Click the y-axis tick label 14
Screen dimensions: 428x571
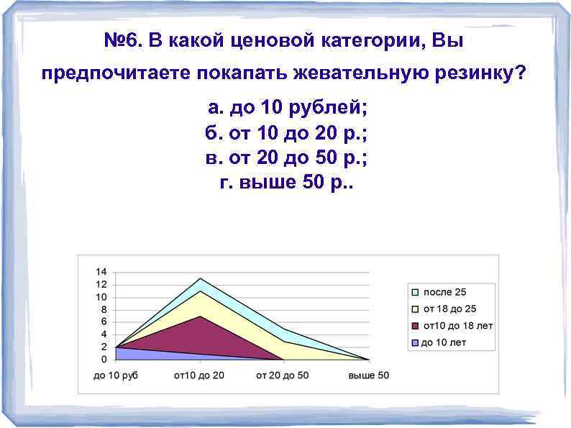pos(101,272)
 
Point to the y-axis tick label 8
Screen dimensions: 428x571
pos(104,309)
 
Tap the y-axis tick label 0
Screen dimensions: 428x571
pos(104,359)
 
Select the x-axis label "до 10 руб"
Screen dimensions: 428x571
pos(116,375)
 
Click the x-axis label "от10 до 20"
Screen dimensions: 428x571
pos(199,375)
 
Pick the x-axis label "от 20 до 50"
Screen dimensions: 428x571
pos(283,375)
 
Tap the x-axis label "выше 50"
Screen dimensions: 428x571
pos(368,375)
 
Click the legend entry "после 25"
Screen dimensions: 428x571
pos(444,292)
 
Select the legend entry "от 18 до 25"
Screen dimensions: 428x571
pos(449,309)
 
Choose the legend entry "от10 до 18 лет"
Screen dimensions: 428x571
pos(457,326)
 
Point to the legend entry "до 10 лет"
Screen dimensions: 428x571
pos(443,342)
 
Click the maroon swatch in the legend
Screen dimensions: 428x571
pos(415,326)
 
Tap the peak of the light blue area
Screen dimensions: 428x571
pos(200,278)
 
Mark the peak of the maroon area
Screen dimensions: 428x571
pos(200,316)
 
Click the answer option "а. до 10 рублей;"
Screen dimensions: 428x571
pos(287,109)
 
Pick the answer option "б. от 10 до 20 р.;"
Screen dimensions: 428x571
pos(287,134)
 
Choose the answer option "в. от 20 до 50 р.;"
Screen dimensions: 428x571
pos(287,158)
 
